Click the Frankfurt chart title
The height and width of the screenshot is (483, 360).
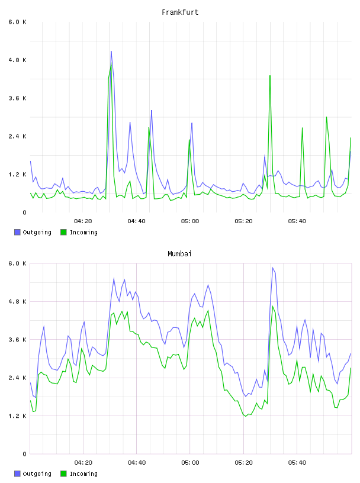(x=180, y=12)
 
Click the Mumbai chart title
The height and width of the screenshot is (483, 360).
(x=179, y=254)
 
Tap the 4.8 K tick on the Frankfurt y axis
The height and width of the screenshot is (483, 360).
(x=17, y=60)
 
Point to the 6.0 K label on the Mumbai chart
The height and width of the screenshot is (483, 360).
(x=17, y=263)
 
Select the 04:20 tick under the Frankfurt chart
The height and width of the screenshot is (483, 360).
(x=83, y=221)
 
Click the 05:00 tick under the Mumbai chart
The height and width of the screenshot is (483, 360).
(x=190, y=463)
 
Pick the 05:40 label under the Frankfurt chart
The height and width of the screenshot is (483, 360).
(x=297, y=221)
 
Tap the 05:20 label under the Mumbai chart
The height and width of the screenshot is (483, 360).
(x=243, y=463)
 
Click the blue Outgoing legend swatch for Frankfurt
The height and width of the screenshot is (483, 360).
(x=17, y=232)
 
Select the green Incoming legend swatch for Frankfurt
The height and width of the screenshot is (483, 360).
(x=63, y=232)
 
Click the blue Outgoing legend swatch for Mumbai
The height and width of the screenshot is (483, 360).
(x=17, y=474)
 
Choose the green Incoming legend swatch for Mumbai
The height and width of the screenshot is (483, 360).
(x=63, y=474)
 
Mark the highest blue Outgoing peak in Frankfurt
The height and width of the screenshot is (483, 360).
(x=111, y=51)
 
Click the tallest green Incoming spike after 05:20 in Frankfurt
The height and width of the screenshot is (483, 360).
(x=270, y=76)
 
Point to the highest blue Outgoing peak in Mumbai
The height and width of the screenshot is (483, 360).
(x=273, y=268)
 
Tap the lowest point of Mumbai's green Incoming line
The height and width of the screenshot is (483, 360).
(x=246, y=417)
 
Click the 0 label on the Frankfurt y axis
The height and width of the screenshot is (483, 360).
(x=24, y=212)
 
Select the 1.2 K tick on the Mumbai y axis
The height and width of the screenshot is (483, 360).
(x=17, y=416)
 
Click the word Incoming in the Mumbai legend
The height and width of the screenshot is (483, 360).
(x=83, y=474)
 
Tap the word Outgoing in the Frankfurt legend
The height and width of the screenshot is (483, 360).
(x=37, y=232)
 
